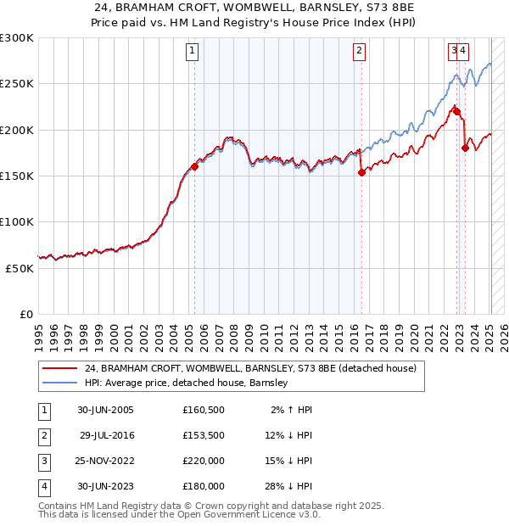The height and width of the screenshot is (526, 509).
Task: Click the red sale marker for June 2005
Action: click(194, 166)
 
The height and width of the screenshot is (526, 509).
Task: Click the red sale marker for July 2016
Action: click(361, 172)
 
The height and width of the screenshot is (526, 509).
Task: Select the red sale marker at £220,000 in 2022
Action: click(456, 111)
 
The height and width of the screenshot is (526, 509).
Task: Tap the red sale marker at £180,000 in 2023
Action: click(465, 148)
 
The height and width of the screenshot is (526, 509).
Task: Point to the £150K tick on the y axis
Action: click(17, 176)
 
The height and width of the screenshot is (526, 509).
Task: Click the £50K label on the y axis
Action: click(20, 267)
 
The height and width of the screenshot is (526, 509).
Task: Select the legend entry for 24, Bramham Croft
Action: click(250, 368)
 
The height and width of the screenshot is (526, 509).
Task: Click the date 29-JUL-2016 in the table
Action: click(107, 435)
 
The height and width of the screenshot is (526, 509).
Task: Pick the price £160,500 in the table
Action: click(203, 410)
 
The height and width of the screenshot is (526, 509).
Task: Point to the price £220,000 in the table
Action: click(203, 461)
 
